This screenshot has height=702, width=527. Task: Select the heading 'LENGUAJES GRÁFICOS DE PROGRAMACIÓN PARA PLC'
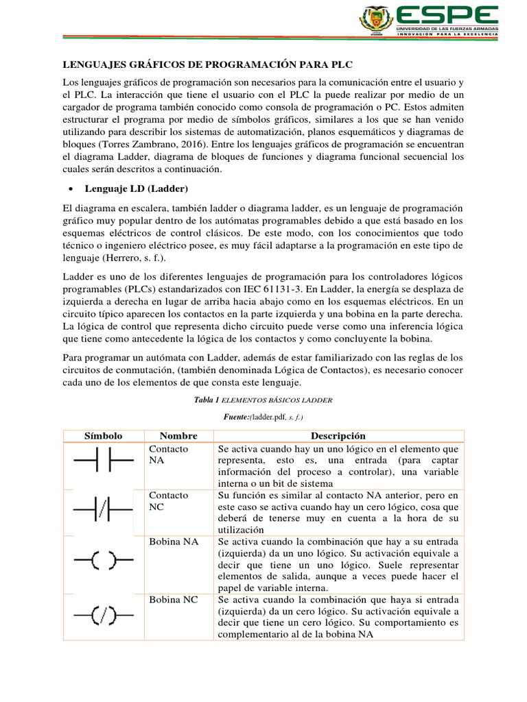point(207,64)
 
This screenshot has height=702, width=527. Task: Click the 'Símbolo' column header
point(103,436)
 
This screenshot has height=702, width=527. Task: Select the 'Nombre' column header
point(178,436)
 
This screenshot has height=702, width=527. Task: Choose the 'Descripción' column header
point(338,436)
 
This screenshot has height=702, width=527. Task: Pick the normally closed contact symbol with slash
point(103,510)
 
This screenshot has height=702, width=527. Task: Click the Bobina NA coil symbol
point(103,561)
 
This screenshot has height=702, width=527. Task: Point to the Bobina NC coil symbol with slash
point(103,615)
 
